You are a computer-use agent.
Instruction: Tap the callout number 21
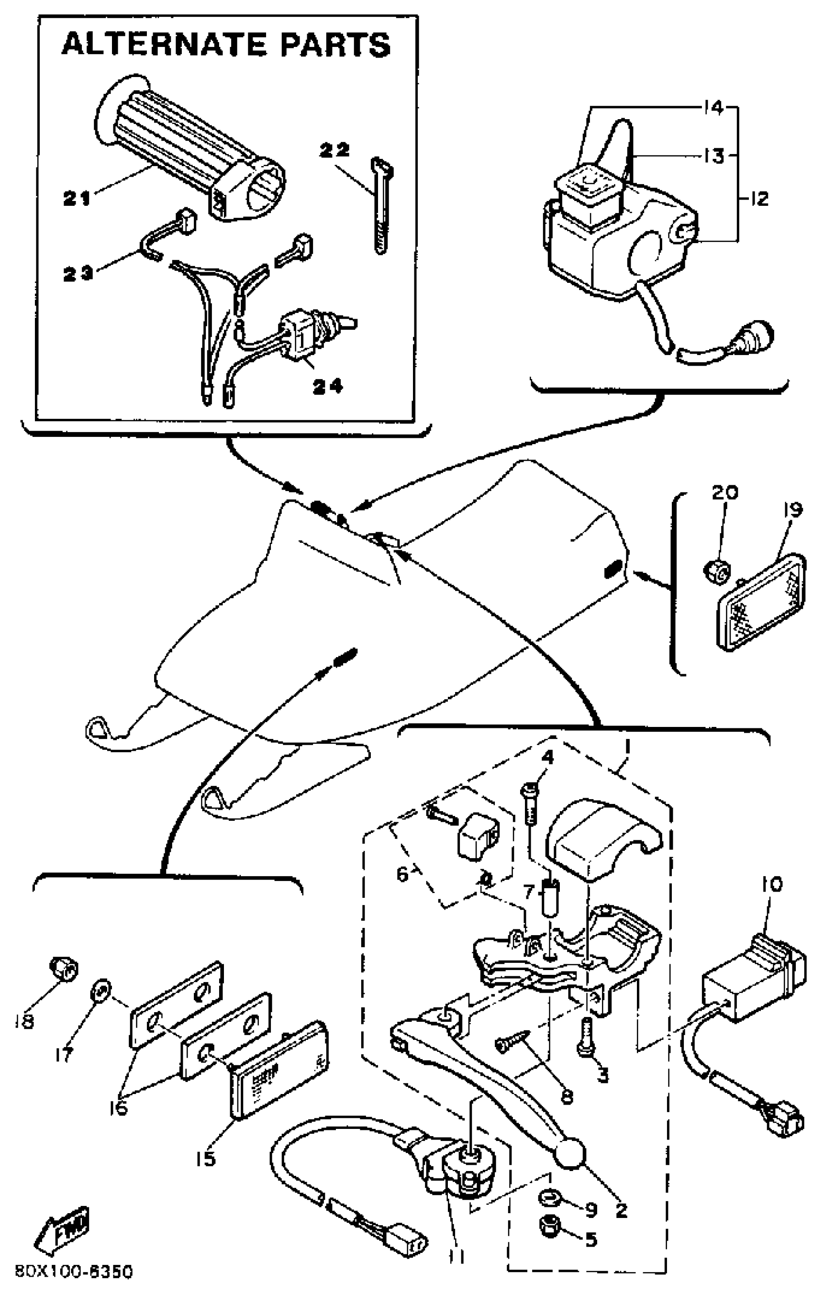(77, 199)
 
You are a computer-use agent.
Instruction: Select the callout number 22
(334, 150)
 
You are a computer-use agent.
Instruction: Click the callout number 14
(713, 108)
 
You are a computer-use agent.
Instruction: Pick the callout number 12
(759, 199)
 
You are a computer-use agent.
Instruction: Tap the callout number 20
(725, 492)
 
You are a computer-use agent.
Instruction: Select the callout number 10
(772, 884)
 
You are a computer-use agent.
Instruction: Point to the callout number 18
(25, 1021)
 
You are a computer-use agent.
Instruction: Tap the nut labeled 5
(550, 1237)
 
